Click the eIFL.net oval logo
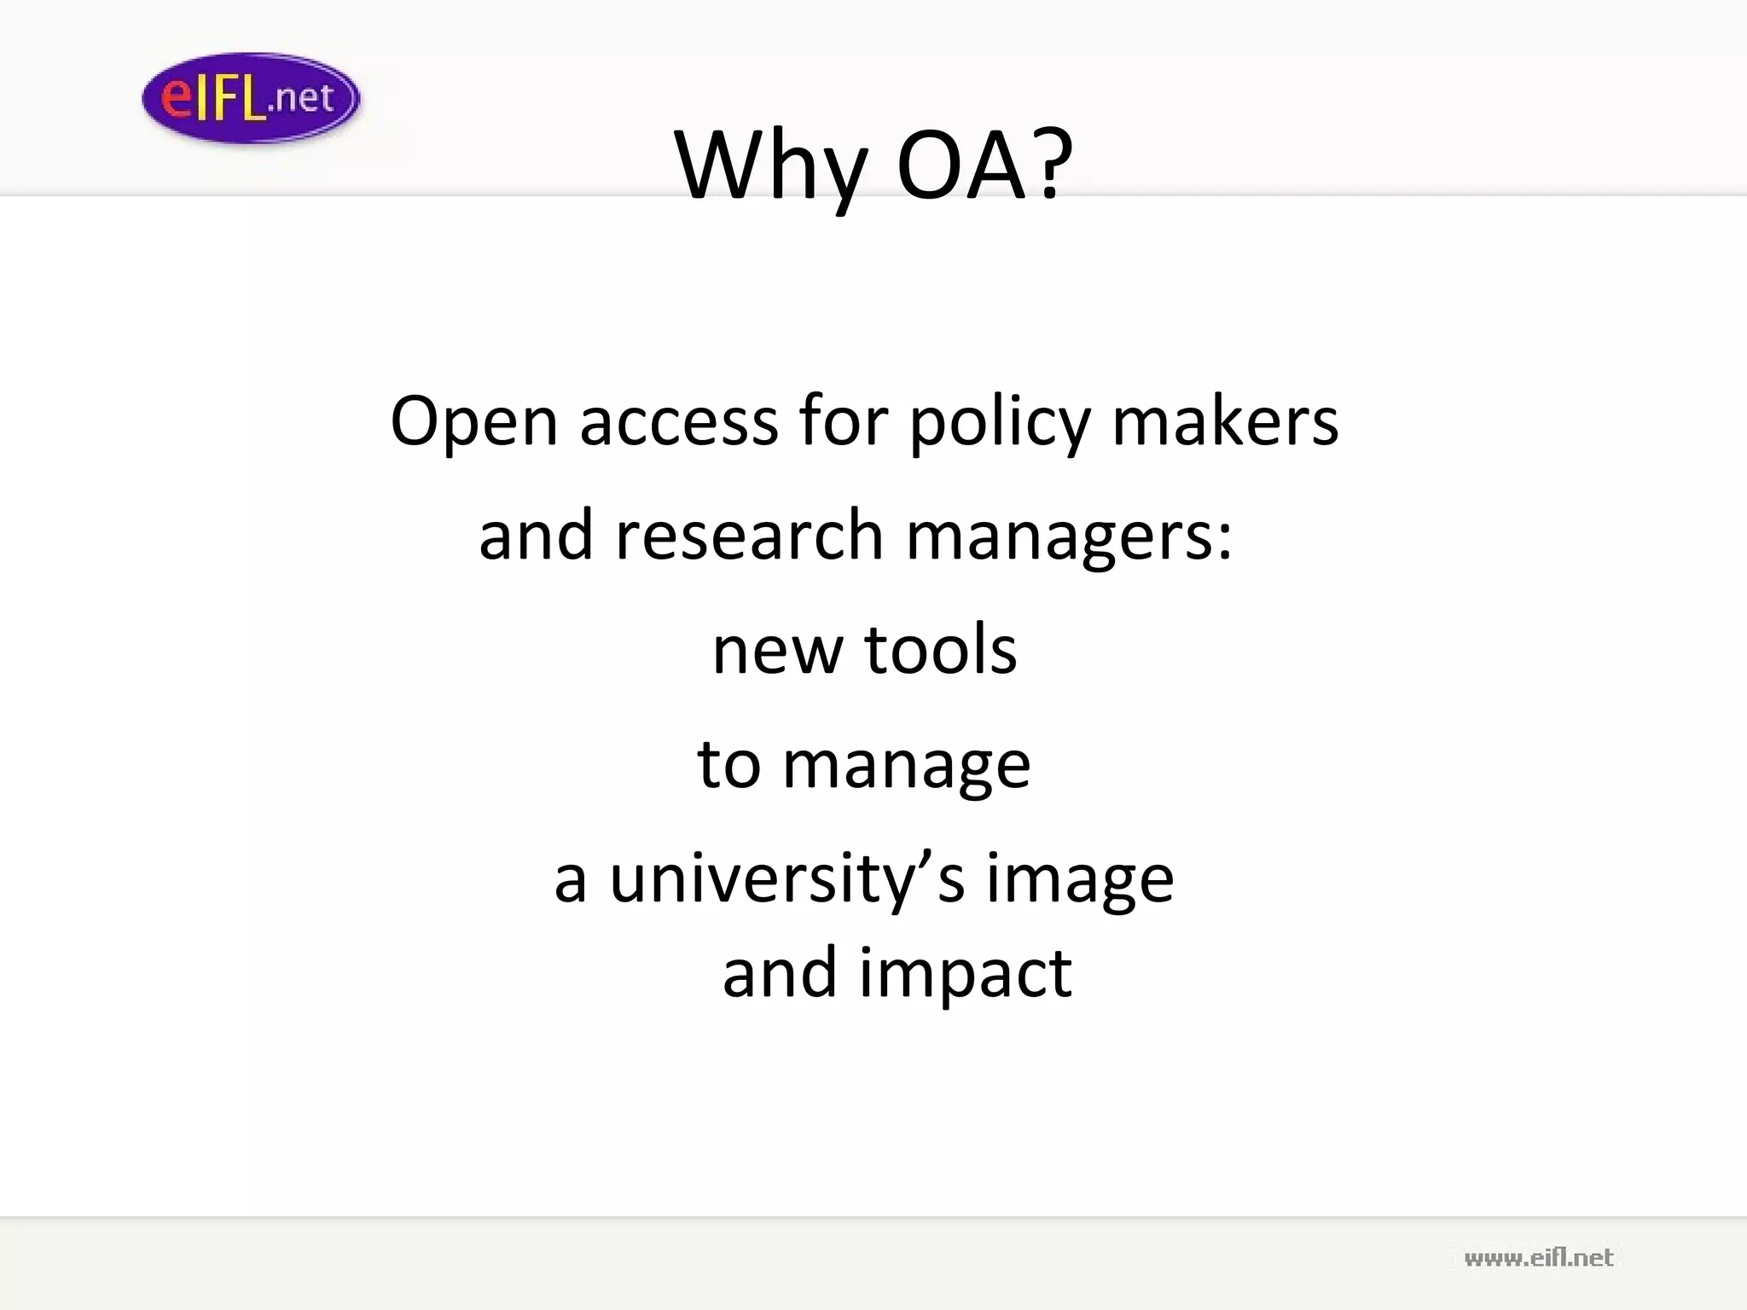[251, 98]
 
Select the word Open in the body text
[473, 422]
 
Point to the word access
[679, 422]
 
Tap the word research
[749, 536]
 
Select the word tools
[941, 649]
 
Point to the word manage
[906, 765]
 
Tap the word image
[1080, 880]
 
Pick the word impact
[965, 974]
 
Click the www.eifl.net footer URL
[1539, 1257]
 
